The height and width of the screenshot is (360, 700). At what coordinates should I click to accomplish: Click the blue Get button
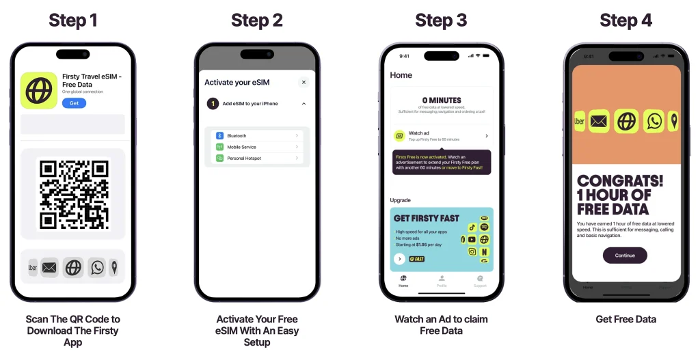[74, 103]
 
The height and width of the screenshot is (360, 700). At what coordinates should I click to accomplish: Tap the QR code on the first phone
[73, 194]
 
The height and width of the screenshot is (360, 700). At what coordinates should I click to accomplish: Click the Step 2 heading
[257, 20]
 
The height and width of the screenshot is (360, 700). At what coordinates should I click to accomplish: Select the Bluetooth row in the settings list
[257, 136]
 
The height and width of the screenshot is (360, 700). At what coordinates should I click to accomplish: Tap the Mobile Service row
[257, 147]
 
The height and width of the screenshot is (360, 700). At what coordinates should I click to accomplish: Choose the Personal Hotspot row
[257, 158]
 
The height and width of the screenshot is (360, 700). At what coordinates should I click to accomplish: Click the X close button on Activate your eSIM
[304, 83]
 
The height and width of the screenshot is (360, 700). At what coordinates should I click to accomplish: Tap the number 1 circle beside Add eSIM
[213, 104]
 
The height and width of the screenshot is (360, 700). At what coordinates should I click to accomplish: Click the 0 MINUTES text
[441, 100]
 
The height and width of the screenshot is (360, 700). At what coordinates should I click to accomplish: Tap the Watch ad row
[441, 136]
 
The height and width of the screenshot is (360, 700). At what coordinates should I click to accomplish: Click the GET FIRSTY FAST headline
[427, 218]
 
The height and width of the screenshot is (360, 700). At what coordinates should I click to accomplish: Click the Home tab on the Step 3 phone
[403, 281]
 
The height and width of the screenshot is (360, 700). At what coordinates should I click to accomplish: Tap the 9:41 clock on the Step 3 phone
[405, 56]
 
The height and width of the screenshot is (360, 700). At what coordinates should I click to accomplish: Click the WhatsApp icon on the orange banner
[655, 122]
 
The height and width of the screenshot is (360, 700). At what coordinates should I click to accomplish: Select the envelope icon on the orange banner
[599, 122]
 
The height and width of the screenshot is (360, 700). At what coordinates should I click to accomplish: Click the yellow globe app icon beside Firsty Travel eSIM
[39, 91]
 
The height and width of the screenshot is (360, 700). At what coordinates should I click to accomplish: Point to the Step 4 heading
[625, 20]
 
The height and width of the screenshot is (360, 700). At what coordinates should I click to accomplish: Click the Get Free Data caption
[625, 319]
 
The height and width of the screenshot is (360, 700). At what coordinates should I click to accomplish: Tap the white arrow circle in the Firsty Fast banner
[399, 259]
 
